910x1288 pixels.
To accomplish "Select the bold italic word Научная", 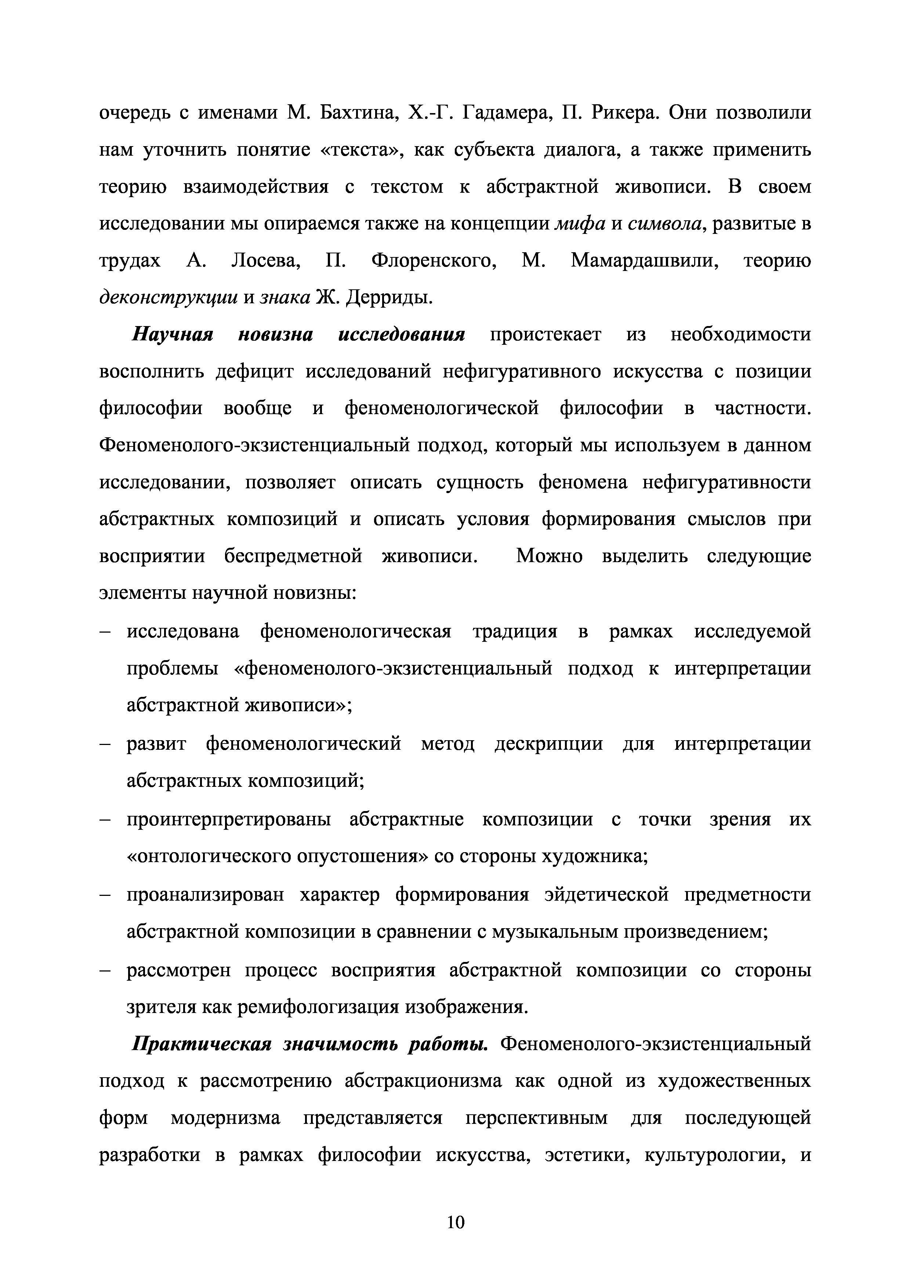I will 173,335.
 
